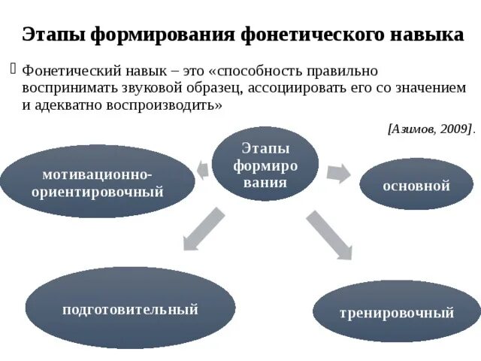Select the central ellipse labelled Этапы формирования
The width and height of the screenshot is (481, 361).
click(265, 164)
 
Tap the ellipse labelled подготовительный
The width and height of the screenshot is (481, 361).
click(130, 308)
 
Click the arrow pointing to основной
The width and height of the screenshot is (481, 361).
click(338, 172)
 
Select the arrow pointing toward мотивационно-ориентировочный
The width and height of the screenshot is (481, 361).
click(202, 169)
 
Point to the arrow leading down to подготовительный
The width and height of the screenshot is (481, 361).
click(203, 229)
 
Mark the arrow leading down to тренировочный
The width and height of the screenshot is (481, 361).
click(328, 235)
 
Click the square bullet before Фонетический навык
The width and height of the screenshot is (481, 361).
click(13, 69)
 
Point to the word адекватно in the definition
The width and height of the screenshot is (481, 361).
click(64, 105)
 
